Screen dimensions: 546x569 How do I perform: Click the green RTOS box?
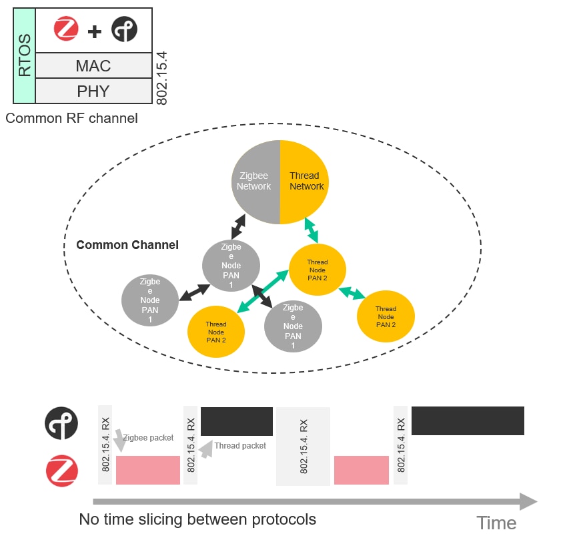[24, 56]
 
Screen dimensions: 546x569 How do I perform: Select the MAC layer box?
[93, 66]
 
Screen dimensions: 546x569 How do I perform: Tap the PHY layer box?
[93, 91]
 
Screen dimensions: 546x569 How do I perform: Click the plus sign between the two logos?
[95, 30]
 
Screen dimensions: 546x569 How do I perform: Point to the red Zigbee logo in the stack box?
[67, 29]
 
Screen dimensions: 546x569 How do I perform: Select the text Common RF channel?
[71, 118]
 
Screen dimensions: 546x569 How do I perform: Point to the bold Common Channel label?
[127, 245]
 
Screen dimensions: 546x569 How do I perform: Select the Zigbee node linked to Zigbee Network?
[231, 266]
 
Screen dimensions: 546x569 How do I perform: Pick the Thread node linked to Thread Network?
[317, 270]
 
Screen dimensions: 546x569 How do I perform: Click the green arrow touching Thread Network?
[312, 230]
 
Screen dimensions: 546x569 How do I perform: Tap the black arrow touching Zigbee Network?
[237, 226]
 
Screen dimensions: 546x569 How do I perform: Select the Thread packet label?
[240, 446]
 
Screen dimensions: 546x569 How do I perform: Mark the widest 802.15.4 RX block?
[303, 446]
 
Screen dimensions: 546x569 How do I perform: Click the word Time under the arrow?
[496, 523]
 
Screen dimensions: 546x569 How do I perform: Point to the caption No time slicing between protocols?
[197, 519]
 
